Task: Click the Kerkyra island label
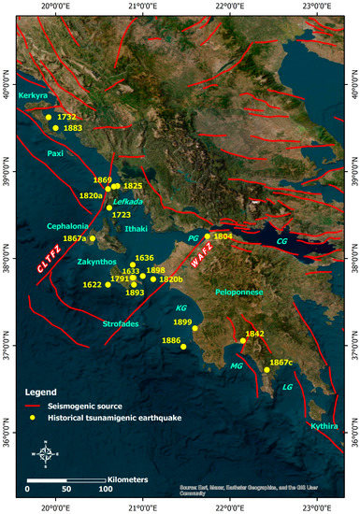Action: [41, 96]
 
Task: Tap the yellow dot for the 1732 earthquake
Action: [49, 118]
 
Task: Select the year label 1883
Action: [73, 128]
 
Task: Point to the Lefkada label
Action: [127, 202]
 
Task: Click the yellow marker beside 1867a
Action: [93, 238]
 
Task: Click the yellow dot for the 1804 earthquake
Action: [208, 236]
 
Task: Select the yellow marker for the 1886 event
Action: [183, 347]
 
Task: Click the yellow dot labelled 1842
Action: [242, 340]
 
